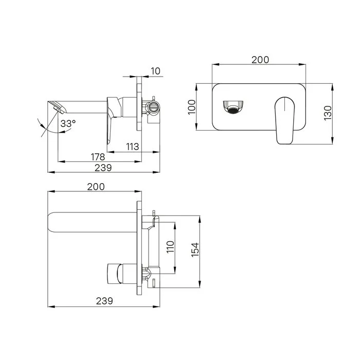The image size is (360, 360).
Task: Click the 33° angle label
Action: [x=68, y=123]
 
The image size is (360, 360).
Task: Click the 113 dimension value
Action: [x=133, y=147]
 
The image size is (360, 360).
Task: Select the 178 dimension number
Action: [x=98, y=157]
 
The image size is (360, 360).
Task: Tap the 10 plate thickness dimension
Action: [x=155, y=71]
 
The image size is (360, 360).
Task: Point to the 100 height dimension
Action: [x=192, y=107]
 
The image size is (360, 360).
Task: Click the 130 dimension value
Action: [x=328, y=113]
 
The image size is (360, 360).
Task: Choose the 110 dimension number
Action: [x=170, y=247]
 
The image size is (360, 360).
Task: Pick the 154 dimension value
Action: [x=195, y=249]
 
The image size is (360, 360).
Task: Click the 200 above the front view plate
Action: [x=260, y=60]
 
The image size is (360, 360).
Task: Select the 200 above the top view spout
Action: [x=96, y=187]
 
